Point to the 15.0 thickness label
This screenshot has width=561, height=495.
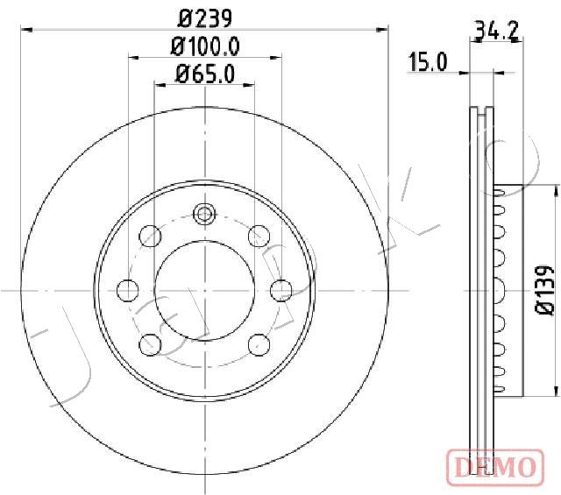pyautogui.click(x=428, y=61)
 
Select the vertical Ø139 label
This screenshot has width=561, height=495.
pyautogui.click(x=543, y=289)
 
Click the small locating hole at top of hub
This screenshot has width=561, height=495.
pyautogui.click(x=204, y=212)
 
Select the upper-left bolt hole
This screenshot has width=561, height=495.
pyautogui.click(x=150, y=235)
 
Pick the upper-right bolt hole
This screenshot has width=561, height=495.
pyautogui.click(x=259, y=235)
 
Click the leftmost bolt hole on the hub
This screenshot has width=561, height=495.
pyautogui.click(x=128, y=288)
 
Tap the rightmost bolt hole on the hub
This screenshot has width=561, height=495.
pyautogui.click(x=280, y=288)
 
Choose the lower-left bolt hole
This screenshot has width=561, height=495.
pyautogui.click(x=150, y=343)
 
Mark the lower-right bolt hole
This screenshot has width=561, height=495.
pyautogui.click(x=259, y=343)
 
